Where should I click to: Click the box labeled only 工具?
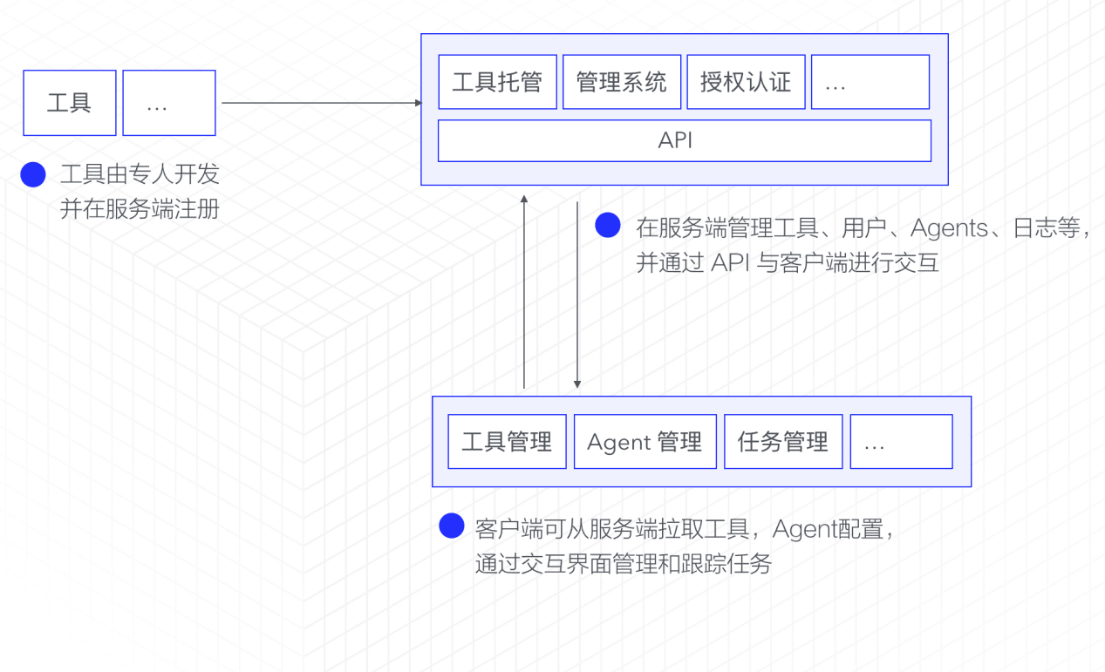[70, 103]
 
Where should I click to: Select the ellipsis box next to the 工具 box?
[168, 103]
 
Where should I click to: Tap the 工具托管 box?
[497, 82]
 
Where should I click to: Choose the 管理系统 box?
[622, 82]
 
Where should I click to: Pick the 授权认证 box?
[746, 82]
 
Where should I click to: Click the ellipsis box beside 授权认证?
[870, 82]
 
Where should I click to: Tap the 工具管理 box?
[507, 442]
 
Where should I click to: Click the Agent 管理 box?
[645, 442]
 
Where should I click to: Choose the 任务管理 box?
[783, 442]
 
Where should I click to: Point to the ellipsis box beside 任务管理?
[901, 442]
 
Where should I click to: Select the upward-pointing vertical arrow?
[524, 292]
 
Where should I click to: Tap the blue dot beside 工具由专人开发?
[33, 175]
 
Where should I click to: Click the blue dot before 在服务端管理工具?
[608, 226]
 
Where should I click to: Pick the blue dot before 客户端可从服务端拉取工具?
[451, 526]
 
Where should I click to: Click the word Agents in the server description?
[949, 228]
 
